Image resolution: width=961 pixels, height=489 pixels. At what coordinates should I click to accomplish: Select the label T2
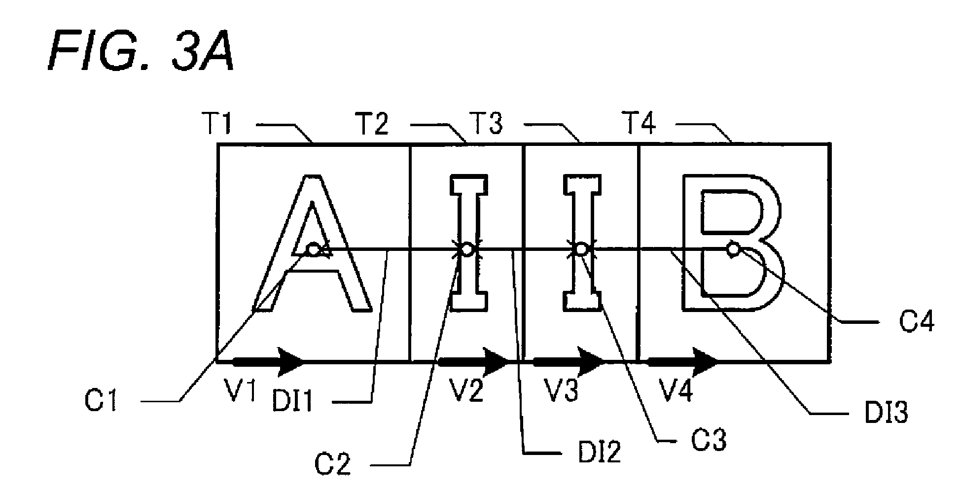click(x=373, y=125)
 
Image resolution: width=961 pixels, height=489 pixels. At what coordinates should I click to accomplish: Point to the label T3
click(x=486, y=125)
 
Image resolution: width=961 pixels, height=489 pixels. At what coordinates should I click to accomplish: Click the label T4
click(x=640, y=125)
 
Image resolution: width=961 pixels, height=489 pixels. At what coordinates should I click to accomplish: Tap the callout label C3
click(x=708, y=440)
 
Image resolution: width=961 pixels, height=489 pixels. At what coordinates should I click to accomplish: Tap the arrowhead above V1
click(x=291, y=361)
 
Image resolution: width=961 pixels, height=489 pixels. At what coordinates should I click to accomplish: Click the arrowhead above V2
click(x=496, y=361)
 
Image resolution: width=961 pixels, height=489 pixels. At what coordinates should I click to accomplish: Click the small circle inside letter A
click(x=313, y=249)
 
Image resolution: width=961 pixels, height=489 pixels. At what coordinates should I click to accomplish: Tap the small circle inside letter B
click(x=734, y=249)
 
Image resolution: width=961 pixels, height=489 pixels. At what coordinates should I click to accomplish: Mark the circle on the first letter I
click(x=467, y=249)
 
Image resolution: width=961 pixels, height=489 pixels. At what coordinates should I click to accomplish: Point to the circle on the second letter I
click(x=582, y=249)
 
